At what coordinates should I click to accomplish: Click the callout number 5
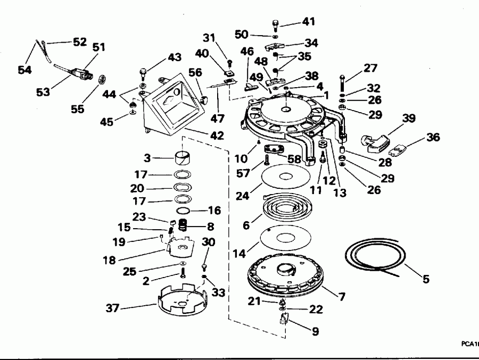pyautogui.click(x=425, y=278)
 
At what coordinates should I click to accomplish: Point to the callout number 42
pyautogui.click(x=217, y=135)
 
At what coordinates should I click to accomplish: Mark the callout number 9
pyautogui.click(x=315, y=331)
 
